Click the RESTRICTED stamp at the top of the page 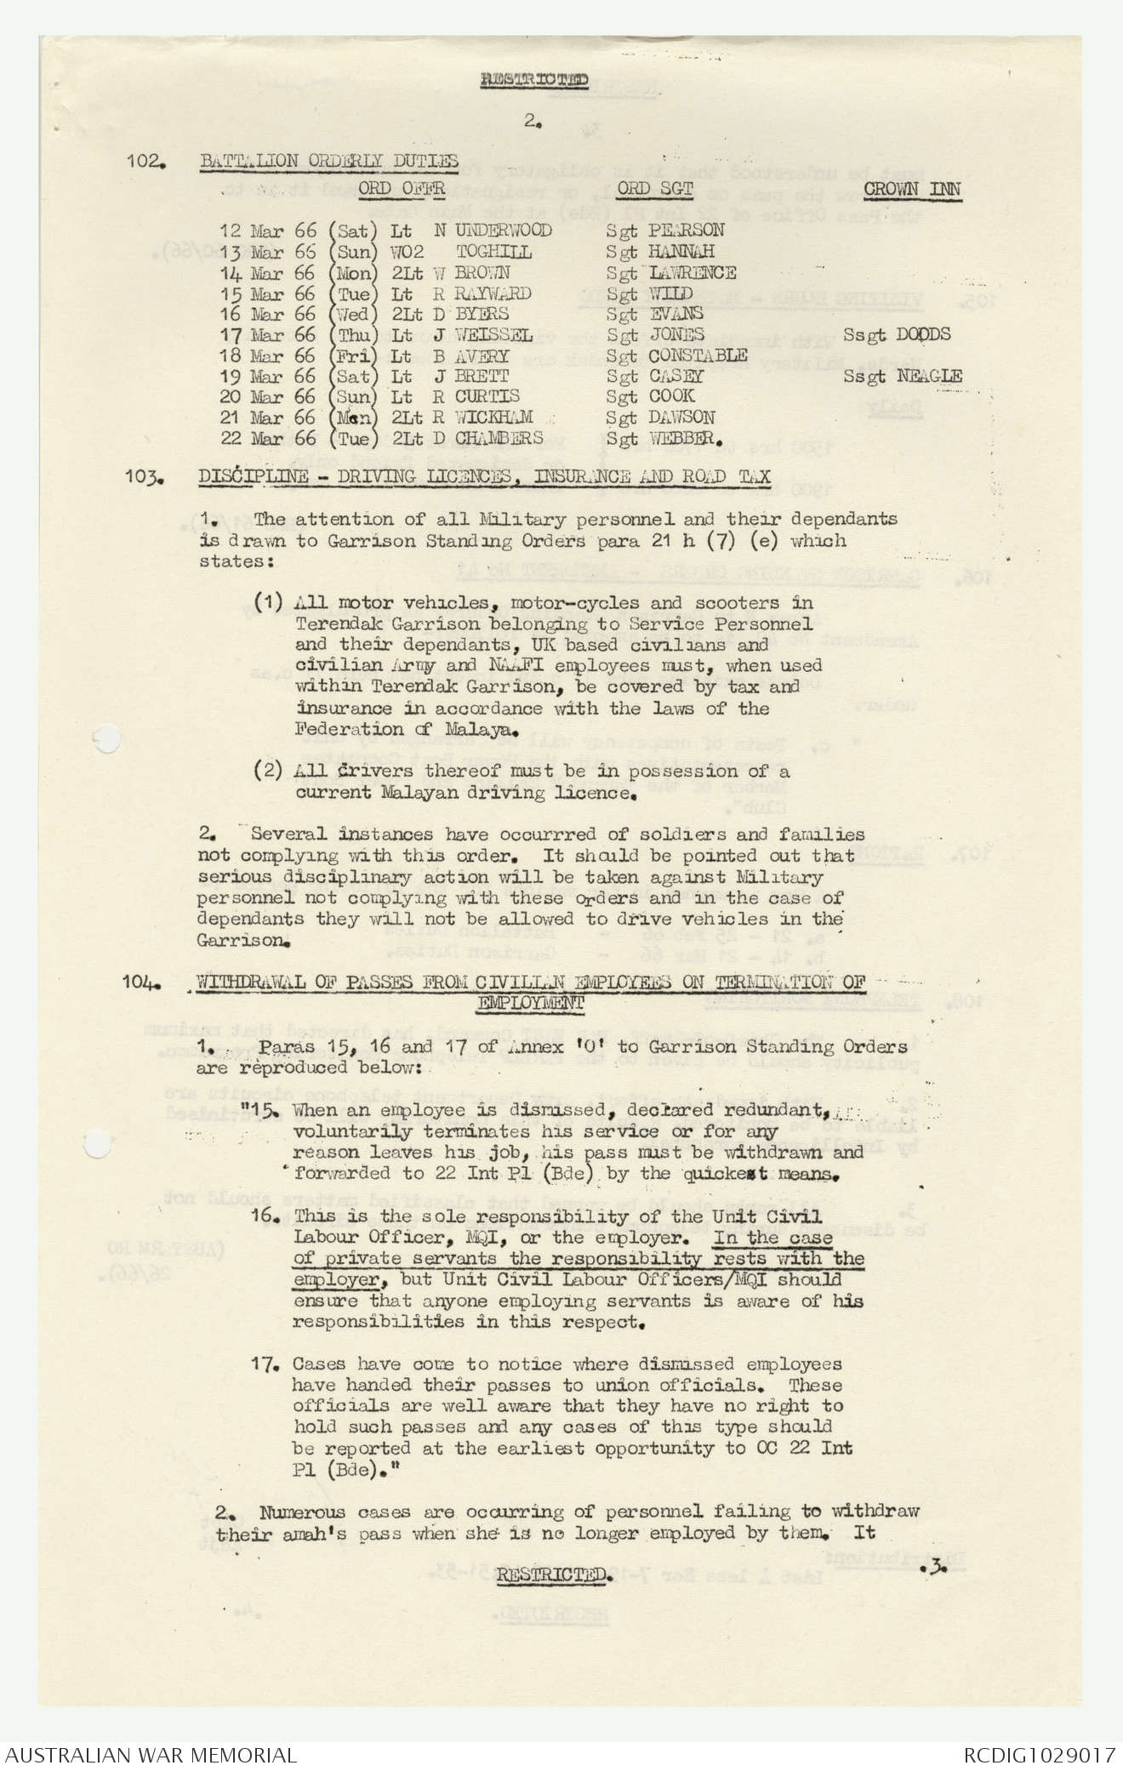pos(534,81)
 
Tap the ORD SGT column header pos(654,189)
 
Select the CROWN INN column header pos(912,189)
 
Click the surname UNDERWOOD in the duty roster pos(504,231)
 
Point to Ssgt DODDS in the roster pos(897,334)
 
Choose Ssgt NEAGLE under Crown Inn pos(903,376)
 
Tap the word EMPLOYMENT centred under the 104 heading pos(532,1003)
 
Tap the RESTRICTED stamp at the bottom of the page pos(554,1575)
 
